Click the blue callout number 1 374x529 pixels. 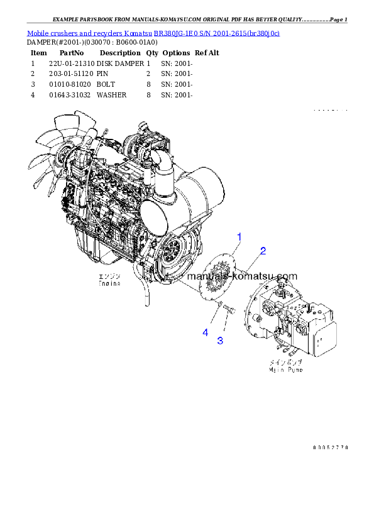click(239, 237)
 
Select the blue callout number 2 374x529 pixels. click(263, 251)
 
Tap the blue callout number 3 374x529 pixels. click(220, 341)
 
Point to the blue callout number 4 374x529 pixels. click(205, 332)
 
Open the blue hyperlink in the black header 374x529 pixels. click(153, 33)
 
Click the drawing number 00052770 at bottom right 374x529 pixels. click(330, 447)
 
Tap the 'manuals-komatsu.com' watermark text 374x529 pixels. click(242, 276)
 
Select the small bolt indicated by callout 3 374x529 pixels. click(229, 310)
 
